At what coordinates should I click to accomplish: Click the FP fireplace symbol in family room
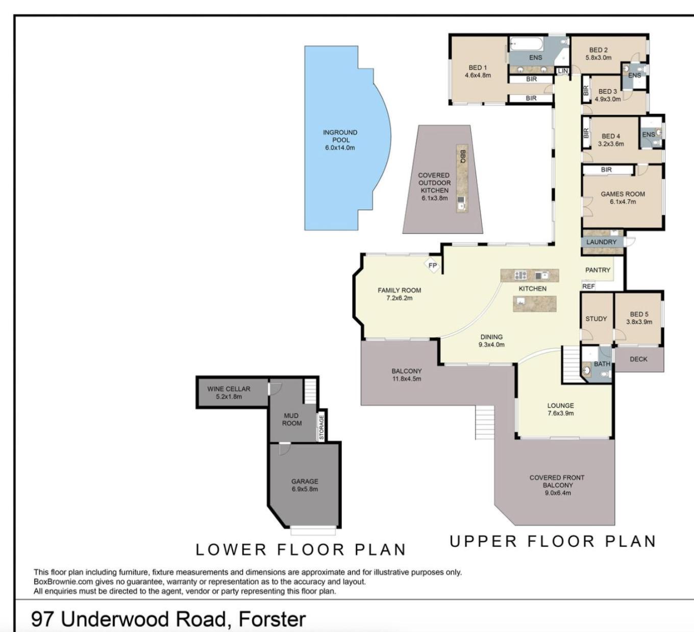pos(432,265)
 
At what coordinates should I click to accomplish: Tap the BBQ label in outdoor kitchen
pos(463,156)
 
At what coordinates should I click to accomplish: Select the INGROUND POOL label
pos(340,136)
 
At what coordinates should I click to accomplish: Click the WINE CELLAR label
pos(229,388)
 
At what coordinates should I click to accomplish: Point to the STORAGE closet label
pos(321,427)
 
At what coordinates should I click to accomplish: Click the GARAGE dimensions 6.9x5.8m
pos(305,489)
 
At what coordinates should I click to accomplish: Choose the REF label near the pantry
pos(588,286)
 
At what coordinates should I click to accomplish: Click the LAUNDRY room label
pos(601,242)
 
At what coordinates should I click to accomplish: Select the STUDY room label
pos(596,319)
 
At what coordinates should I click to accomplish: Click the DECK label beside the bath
pos(638,359)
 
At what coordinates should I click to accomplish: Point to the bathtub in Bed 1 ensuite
pos(526,44)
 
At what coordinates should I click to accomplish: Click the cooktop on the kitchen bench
pos(520,276)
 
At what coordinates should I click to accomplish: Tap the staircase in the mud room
pos(310,391)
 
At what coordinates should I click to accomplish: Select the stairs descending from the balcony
pos(485,422)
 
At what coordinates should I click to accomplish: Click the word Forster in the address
pos(272,619)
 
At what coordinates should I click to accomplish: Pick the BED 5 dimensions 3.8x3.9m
pos(639,322)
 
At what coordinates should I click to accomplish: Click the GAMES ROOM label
pos(623,194)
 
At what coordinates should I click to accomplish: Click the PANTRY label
pos(598,270)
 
